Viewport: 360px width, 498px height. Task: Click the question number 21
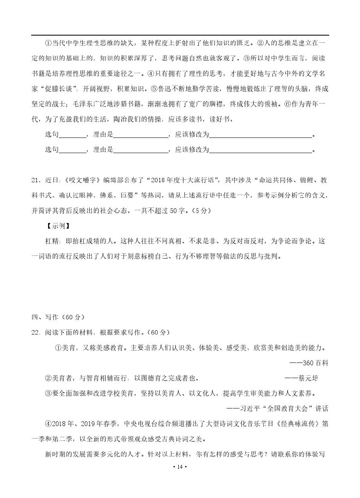click(36, 180)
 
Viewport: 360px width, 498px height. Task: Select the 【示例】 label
click(58, 226)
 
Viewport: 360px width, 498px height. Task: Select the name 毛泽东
click(83, 104)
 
